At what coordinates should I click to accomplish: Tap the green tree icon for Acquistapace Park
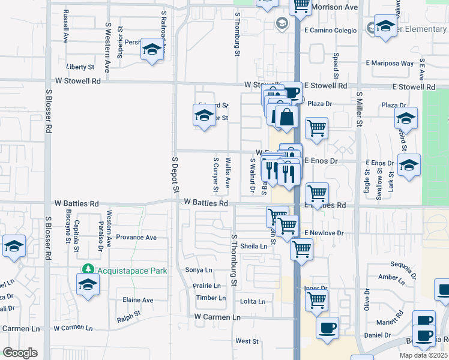click(88, 269)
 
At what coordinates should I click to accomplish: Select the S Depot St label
click(176, 175)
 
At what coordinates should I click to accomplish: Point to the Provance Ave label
click(136, 238)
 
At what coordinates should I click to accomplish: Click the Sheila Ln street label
click(253, 246)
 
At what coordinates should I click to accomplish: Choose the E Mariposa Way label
click(390, 63)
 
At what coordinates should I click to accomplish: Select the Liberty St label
click(81, 67)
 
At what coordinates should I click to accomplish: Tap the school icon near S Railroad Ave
click(152, 50)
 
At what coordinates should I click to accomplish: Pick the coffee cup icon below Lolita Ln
click(327, 328)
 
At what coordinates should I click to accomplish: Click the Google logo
click(20, 353)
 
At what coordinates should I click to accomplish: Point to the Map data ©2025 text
click(424, 355)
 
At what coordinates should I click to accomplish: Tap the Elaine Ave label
click(137, 300)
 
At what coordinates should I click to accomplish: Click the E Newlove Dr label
click(324, 233)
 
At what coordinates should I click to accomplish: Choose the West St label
click(247, 341)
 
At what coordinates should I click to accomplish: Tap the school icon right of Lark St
click(409, 165)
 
